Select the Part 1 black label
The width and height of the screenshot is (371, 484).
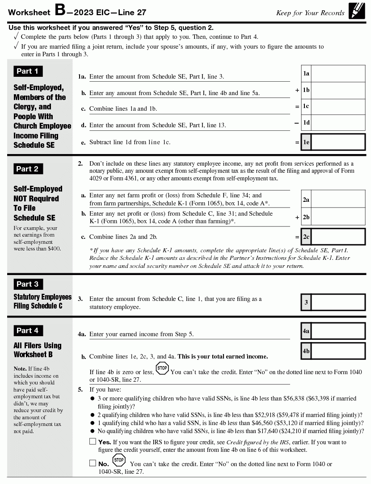(x=27, y=71)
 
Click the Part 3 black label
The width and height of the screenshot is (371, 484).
(x=27, y=284)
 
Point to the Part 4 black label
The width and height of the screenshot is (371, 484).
(x=27, y=330)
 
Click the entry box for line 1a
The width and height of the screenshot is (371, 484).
(x=338, y=73)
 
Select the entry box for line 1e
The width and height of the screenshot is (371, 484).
(x=338, y=142)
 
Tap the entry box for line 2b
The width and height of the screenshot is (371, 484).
(x=338, y=217)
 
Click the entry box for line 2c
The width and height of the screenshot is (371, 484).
(x=338, y=237)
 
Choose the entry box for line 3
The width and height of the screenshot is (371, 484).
(x=338, y=302)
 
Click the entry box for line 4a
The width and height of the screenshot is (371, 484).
(x=338, y=331)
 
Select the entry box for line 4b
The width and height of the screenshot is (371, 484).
(x=338, y=351)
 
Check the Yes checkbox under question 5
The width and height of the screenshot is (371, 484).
(x=93, y=442)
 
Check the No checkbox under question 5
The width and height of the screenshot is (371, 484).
(x=93, y=463)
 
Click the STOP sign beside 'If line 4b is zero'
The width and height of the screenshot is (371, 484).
(x=162, y=369)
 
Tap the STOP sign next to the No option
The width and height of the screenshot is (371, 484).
(x=118, y=460)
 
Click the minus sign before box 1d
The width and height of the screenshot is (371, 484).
(x=297, y=122)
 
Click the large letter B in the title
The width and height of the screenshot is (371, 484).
(x=59, y=10)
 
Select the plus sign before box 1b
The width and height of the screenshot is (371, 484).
(x=297, y=90)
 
